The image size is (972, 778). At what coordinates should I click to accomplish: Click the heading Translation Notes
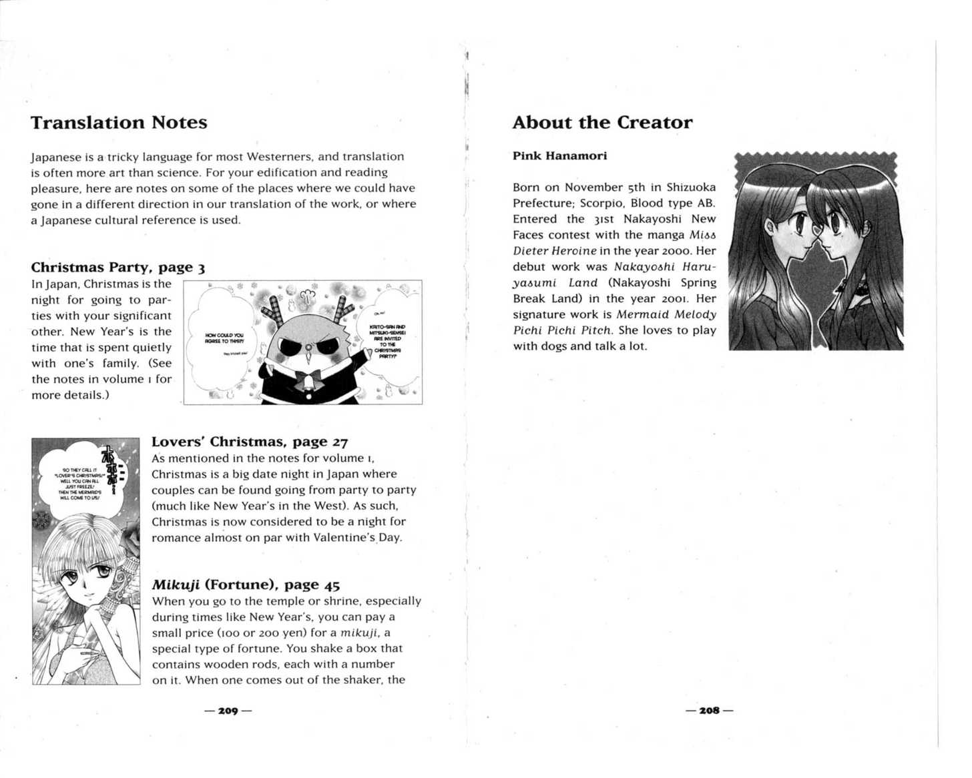pos(119,123)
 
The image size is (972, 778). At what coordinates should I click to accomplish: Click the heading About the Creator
pos(602,123)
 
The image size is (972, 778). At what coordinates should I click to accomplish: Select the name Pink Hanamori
pos(559,156)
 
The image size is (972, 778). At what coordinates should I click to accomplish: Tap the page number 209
pos(228,711)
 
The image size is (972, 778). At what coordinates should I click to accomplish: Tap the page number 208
pos(709,711)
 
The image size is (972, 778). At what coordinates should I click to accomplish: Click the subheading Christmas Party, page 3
pos(117,268)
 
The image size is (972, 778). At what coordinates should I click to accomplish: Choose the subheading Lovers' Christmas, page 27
pos(250,442)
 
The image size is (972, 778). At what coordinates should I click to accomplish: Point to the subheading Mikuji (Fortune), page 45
pos(246,585)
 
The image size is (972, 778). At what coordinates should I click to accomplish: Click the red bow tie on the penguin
pos(308,381)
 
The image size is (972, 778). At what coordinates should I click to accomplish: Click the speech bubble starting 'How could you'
pos(224,338)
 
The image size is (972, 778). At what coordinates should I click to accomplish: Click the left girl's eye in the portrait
pos(799,226)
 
